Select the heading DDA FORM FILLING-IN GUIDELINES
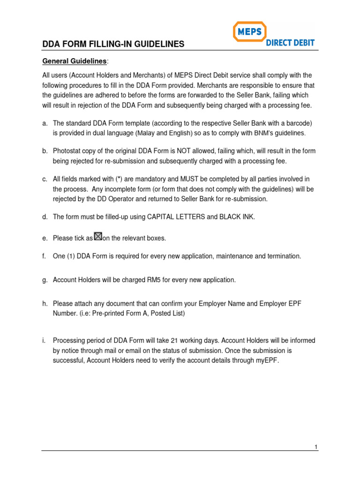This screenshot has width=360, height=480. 113,45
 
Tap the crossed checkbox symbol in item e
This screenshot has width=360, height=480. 98,237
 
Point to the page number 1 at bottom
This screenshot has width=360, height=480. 316,447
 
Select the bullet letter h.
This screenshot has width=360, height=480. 45,304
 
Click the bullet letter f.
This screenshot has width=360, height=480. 44,256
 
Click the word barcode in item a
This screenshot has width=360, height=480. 298,123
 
